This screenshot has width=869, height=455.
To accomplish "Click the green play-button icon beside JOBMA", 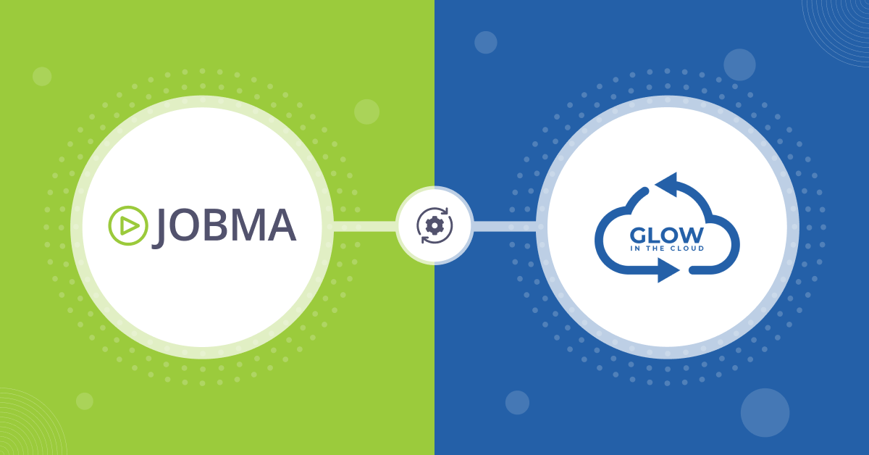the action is (128, 225).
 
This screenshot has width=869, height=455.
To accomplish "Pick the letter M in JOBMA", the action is (249, 225).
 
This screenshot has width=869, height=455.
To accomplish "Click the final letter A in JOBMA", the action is (281, 225).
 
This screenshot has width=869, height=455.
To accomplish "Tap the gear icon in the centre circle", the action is (434, 225).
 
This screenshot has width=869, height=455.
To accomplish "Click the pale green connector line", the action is (364, 226).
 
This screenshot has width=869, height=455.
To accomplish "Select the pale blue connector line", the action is (505, 226).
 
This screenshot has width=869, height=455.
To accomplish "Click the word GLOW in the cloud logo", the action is (666, 235).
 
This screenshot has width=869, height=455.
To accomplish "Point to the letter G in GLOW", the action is (638, 235).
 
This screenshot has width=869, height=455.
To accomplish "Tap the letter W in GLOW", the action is (692, 235).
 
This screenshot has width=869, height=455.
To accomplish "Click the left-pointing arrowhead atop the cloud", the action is (667, 185).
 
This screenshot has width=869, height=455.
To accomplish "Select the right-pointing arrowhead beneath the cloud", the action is (668, 270).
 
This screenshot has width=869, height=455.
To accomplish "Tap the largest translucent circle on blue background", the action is (765, 413).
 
